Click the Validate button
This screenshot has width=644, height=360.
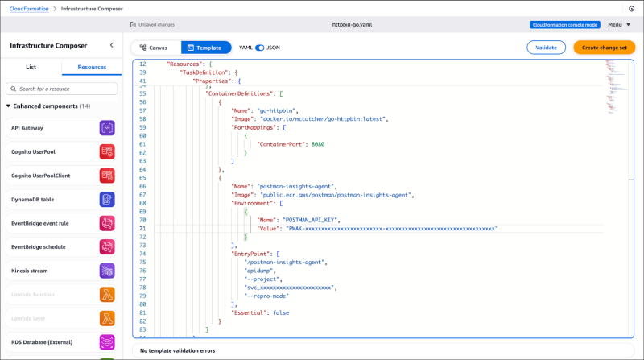coord(546,48)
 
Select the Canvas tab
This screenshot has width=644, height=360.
coord(152,48)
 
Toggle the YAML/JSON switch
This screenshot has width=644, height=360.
coord(259,48)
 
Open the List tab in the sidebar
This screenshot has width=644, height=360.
coord(31,68)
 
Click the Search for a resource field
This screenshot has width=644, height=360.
coord(61,88)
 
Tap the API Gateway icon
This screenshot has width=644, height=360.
coord(108,127)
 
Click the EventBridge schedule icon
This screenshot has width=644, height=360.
coord(108,246)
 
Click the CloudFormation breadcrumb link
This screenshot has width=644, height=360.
coord(29,8)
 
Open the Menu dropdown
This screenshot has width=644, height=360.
coord(619,24)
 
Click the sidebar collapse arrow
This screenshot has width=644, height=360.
coord(111,47)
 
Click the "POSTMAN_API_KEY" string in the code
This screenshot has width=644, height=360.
coord(310,219)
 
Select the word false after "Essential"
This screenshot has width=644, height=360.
coord(281,312)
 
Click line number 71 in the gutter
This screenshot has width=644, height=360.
coord(142,229)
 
